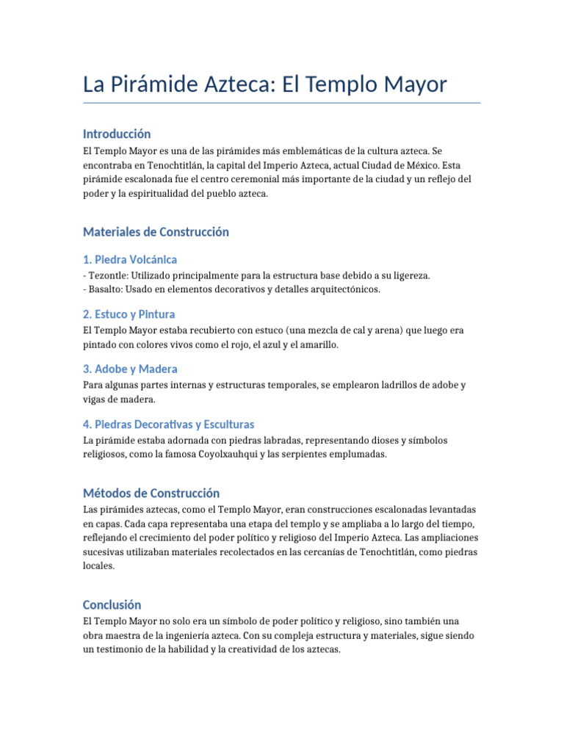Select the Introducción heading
pos(117,134)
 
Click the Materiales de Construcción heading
pos(156,231)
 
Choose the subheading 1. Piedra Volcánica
pos(130,259)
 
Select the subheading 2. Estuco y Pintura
pos(129,314)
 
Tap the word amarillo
pos(317,344)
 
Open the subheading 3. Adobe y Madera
pos(130,369)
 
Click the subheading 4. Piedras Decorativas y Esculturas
pos(169,424)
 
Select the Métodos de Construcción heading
pos(151,493)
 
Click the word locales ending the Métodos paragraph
pos(99,567)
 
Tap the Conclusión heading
pos(112,604)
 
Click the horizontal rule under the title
pos(282,103)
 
